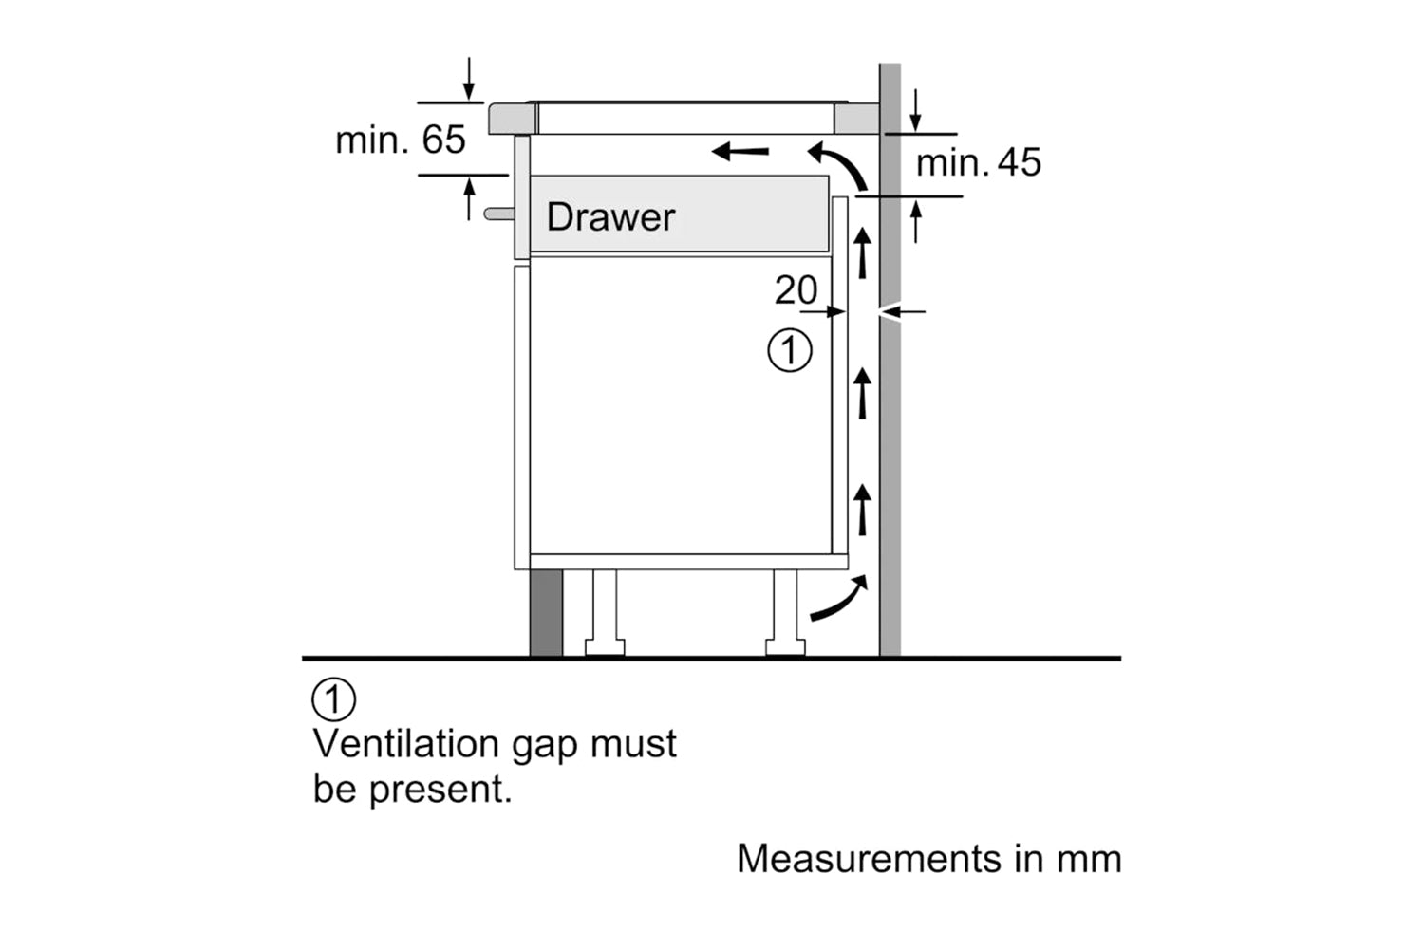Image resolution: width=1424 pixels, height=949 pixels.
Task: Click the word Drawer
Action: [x=610, y=217]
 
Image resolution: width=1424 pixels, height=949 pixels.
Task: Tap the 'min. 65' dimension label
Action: [x=401, y=140]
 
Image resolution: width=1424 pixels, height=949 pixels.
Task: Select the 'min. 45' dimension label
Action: [x=978, y=163]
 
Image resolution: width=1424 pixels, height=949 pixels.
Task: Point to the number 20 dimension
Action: [x=795, y=290]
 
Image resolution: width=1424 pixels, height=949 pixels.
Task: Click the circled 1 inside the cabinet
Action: [x=789, y=351]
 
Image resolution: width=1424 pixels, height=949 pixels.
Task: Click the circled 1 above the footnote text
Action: [x=333, y=700]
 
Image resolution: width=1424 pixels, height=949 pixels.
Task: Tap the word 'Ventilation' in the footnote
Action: [x=406, y=744]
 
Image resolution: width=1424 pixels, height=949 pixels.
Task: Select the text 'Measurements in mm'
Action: [x=928, y=859]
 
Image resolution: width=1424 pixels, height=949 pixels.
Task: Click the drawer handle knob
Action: [x=497, y=214]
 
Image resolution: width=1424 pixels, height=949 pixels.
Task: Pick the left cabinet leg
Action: [x=604, y=612]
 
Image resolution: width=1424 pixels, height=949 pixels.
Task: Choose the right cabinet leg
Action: [x=786, y=612]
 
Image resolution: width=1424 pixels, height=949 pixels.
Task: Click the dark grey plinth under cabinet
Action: [x=546, y=612]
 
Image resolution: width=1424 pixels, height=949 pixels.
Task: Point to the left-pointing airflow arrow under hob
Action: [x=740, y=150]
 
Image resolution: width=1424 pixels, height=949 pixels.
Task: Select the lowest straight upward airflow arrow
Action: [x=862, y=508]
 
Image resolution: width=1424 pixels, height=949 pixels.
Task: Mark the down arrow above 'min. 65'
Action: [x=468, y=80]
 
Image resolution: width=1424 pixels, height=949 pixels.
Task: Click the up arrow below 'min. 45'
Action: [x=915, y=223]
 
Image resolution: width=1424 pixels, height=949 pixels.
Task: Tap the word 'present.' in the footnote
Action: [x=440, y=790]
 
